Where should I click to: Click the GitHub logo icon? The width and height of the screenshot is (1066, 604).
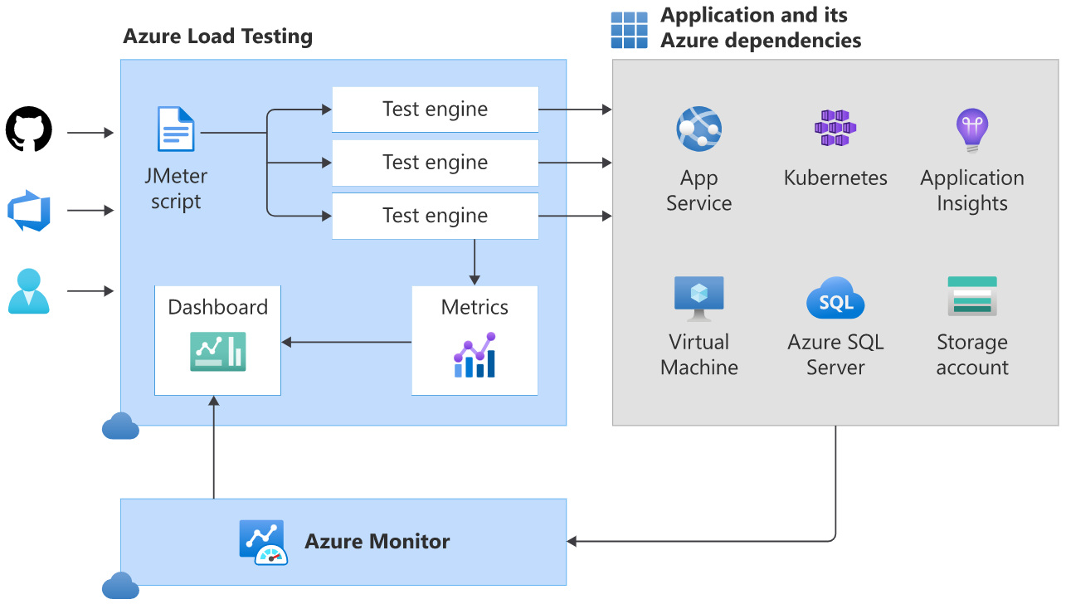tap(29, 129)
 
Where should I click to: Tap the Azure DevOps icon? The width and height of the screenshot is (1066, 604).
tap(29, 211)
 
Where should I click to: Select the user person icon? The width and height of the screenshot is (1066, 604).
tap(29, 291)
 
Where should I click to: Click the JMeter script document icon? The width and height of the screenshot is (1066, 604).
tap(176, 129)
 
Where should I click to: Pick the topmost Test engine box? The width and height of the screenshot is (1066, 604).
tap(435, 110)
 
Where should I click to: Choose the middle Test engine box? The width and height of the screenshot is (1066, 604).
tap(435, 163)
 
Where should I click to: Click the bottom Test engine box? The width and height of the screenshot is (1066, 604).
tap(435, 216)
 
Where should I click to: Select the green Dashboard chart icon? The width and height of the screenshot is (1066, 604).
tap(217, 351)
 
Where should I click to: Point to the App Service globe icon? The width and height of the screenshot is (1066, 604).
tap(698, 129)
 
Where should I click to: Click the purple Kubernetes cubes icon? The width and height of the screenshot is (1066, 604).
tap(835, 129)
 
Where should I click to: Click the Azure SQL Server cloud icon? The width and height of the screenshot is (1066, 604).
tap(835, 299)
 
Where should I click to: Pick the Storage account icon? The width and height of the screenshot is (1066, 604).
tap(971, 296)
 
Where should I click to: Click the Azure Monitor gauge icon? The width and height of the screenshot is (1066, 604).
tap(263, 543)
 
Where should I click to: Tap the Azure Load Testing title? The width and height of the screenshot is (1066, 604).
tap(217, 37)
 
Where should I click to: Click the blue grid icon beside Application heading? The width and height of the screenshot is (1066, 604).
tap(629, 30)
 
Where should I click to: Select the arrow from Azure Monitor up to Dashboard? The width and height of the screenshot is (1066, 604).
tap(214, 448)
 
